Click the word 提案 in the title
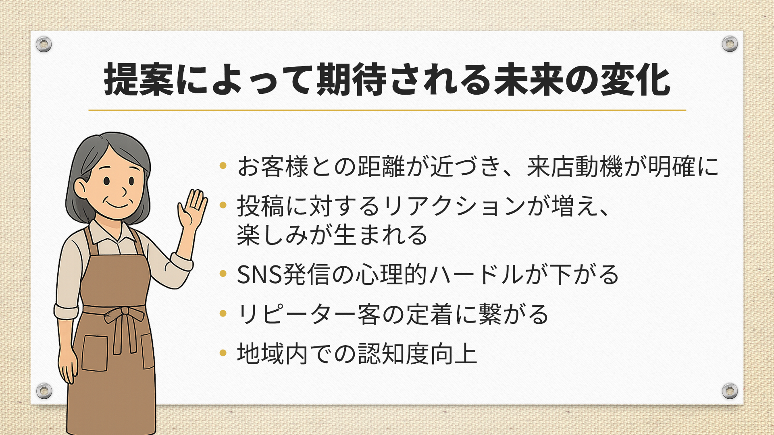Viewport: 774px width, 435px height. (x=139, y=79)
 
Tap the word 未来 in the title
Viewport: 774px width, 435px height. (x=529, y=79)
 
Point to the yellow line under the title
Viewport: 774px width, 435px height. (x=387, y=110)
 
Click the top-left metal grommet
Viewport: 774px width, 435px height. (x=44, y=44)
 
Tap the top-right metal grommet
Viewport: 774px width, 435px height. (x=730, y=44)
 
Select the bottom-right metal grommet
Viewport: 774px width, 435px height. (x=730, y=391)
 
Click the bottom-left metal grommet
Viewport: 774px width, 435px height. (x=44, y=391)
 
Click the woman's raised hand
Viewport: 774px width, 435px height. (x=192, y=209)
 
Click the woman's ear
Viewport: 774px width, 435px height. (x=80, y=188)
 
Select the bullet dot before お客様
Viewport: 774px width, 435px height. (x=223, y=166)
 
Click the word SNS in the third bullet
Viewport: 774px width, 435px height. (x=259, y=275)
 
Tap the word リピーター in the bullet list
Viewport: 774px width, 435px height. (x=297, y=314)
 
